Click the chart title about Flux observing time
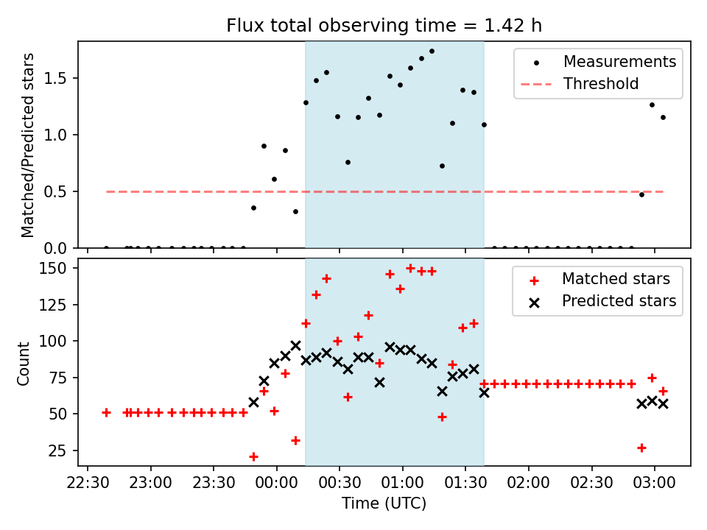tap(384, 26)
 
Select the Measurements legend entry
tap(619, 62)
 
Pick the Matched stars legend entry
tap(616, 279)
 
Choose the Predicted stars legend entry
tap(619, 301)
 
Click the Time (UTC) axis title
tap(384, 504)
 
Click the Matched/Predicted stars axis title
tap(28, 145)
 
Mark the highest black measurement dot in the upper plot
tap(432, 52)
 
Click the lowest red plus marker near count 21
tap(253, 456)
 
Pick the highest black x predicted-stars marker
tap(295, 345)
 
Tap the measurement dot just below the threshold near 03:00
tap(641, 194)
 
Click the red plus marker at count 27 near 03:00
tap(641, 448)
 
